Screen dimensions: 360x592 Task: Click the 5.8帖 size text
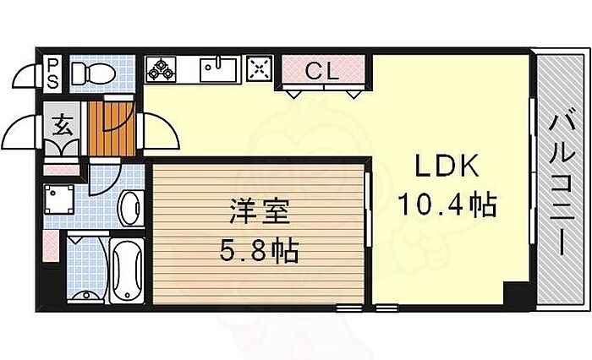[260, 250]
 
